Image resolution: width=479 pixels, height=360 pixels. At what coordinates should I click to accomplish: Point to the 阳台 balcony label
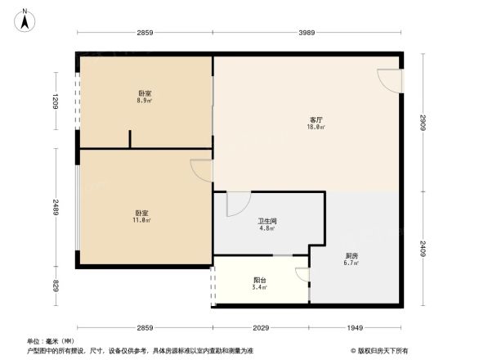click(x=259, y=280)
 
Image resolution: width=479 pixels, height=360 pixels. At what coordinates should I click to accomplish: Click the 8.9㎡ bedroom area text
click(x=145, y=101)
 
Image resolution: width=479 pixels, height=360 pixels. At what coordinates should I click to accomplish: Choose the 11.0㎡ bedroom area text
click(x=141, y=220)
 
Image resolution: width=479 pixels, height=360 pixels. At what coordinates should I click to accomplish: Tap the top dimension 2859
click(x=145, y=32)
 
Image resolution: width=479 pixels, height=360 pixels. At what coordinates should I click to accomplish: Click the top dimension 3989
click(x=307, y=32)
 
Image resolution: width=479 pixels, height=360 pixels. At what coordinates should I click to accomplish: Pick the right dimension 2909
click(x=423, y=123)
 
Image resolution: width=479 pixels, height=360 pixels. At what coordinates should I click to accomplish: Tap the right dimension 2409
click(x=423, y=248)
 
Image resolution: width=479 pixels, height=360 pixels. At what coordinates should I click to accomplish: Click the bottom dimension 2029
click(x=260, y=327)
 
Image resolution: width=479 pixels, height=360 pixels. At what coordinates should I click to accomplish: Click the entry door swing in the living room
click(x=390, y=80)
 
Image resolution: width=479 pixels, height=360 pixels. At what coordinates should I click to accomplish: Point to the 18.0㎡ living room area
click(x=315, y=127)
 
